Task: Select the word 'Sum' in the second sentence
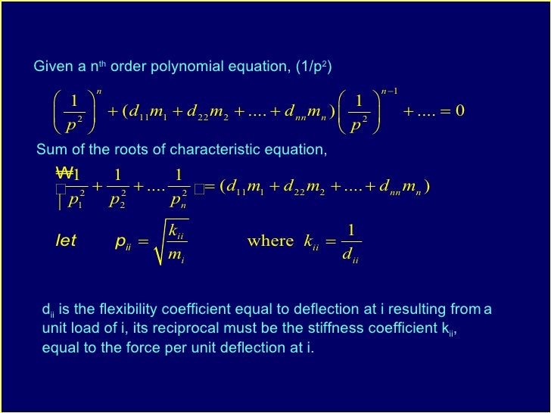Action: pos(48,149)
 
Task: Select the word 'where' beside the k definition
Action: pos(270,241)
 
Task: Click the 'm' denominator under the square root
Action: pos(173,254)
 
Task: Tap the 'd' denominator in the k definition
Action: pos(349,255)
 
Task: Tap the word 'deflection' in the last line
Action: pos(261,348)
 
